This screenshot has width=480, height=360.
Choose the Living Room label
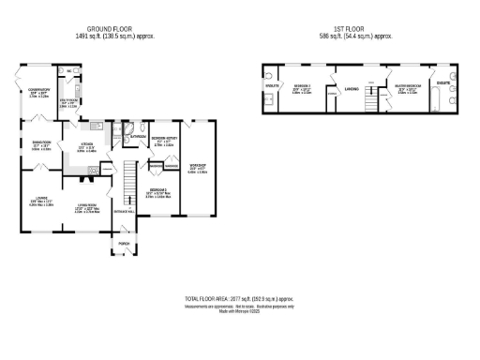point(85,207)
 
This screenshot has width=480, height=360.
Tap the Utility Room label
point(69,103)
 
